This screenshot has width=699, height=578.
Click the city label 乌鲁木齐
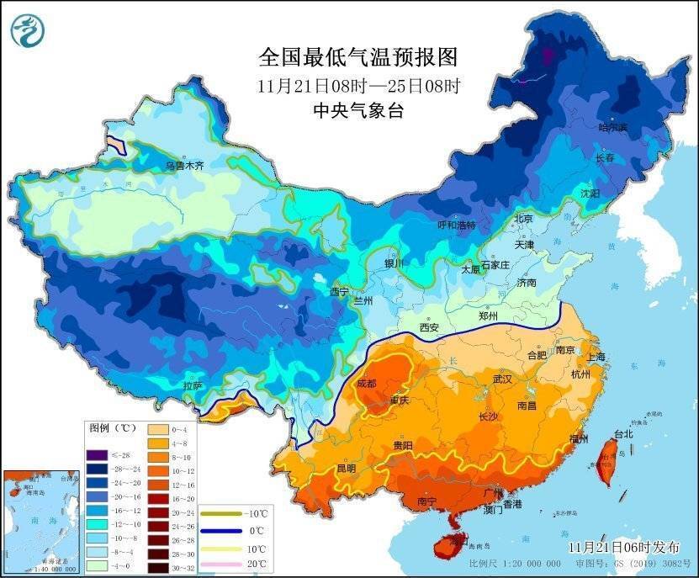[x=184, y=167]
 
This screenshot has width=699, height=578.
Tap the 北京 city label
[x=523, y=218]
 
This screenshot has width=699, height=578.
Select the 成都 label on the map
[x=367, y=383]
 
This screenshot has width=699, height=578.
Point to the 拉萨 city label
[x=192, y=386]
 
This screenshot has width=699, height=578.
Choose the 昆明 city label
[x=346, y=468]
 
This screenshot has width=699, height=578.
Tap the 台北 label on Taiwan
[x=622, y=434]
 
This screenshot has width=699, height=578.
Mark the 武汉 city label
[x=502, y=379]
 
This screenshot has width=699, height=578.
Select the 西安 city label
[x=429, y=326]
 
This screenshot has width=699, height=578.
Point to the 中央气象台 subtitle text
[x=357, y=110]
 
